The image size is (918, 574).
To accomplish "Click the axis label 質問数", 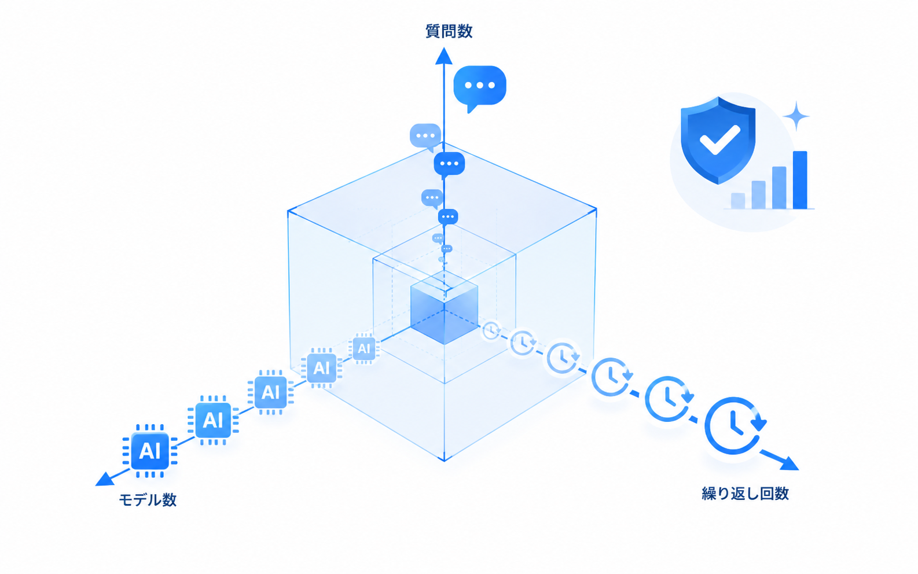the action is [449, 32].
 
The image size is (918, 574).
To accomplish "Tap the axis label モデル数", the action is [148, 500].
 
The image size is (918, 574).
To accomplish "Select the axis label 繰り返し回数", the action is [745, 494].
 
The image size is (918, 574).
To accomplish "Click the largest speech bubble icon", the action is [479, 88].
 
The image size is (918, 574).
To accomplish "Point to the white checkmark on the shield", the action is [719, 139].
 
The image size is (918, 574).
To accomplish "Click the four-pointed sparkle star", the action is [796, 116].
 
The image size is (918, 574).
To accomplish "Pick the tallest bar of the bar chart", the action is [800, 180].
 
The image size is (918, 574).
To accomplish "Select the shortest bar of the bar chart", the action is [737, 201].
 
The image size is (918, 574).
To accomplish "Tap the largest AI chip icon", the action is [150, 451].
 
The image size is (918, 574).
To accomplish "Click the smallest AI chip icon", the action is [363, 349].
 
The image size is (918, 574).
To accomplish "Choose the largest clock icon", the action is [733, 426].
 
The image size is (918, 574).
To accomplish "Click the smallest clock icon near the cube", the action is [491, 330].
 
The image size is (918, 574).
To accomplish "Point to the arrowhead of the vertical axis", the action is [443, 56].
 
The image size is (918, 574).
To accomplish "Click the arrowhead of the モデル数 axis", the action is [104, 479].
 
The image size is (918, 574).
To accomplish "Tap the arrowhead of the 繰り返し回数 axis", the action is [790, 463].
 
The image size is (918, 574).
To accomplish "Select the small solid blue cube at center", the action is [445, 307].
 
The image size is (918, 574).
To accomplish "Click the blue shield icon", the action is [718, 140].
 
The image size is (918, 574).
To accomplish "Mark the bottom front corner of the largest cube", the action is [445, 461].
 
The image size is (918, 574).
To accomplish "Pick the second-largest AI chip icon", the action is [213, 420].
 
